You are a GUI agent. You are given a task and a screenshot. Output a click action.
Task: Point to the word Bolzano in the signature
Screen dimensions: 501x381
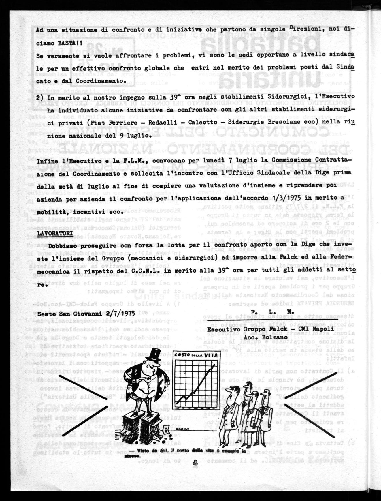point(269,337)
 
